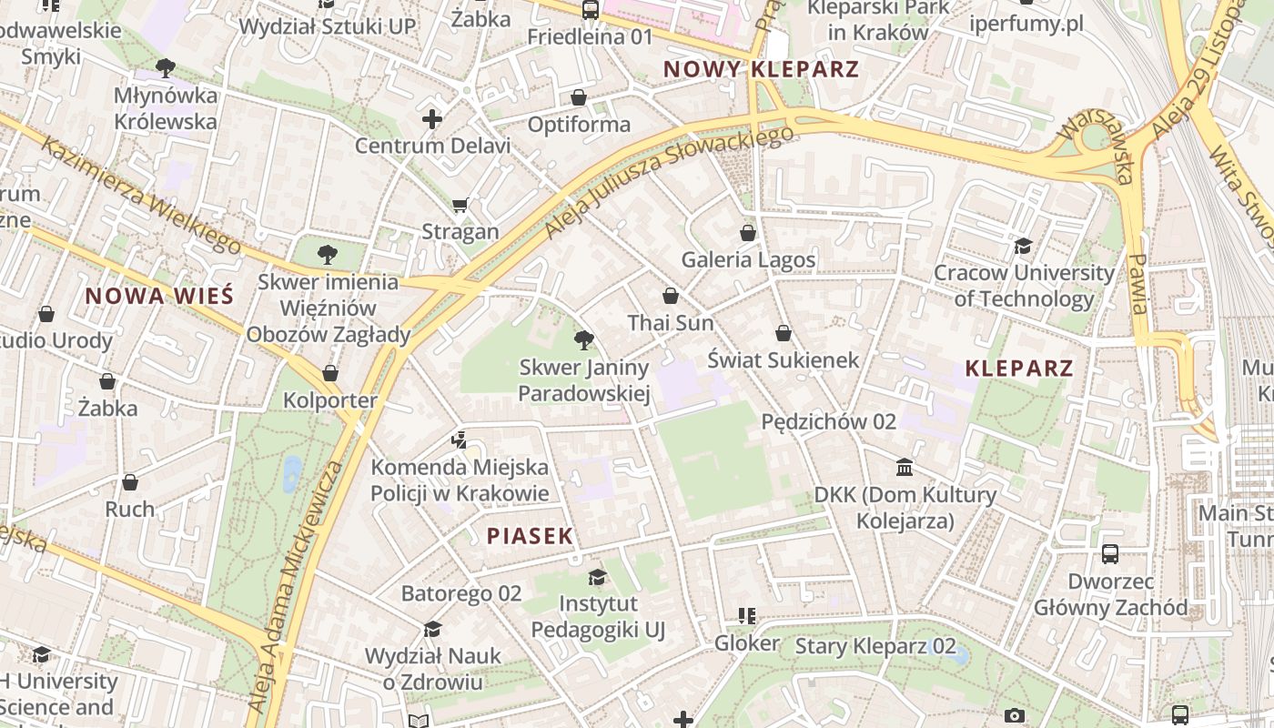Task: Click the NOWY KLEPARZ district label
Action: pos(761,69)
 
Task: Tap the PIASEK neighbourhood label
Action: pos(530,536)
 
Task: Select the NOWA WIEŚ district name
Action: pos(159,296)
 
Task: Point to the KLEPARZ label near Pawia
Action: pos(1019,369)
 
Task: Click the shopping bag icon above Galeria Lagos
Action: pos(748,233)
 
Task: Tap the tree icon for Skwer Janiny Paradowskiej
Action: pos(584,340)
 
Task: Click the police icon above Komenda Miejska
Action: pos(460,440)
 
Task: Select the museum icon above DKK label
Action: pos(905,468)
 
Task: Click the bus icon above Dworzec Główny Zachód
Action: pos(1110,553)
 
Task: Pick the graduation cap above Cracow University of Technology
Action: pos(1024,246)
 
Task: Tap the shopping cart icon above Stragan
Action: pos(460,205)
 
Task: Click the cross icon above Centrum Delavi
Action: pos(432,118)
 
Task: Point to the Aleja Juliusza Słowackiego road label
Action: pos(669,182)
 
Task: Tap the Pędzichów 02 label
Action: pos(828,421)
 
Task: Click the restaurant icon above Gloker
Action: pos(747,616)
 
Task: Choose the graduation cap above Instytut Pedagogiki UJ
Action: pos(598,577)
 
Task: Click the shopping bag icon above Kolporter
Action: pos(330,373)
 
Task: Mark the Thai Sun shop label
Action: pos(671,323)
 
